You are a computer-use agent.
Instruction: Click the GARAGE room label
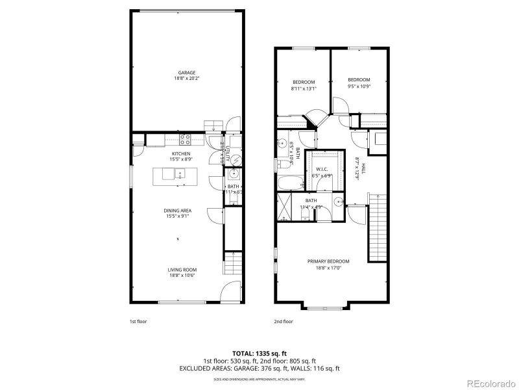187,73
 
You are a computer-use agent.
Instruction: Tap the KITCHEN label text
180,153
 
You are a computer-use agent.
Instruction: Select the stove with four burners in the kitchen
184,138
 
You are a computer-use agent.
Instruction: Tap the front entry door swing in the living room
228,293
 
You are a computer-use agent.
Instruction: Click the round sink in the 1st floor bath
234,174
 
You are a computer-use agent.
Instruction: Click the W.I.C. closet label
322,168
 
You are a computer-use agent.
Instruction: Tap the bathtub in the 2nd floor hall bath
288,183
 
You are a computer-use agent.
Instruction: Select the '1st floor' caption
138,321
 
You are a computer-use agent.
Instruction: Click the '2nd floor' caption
284,321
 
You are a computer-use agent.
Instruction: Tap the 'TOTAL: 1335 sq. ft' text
259,354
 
